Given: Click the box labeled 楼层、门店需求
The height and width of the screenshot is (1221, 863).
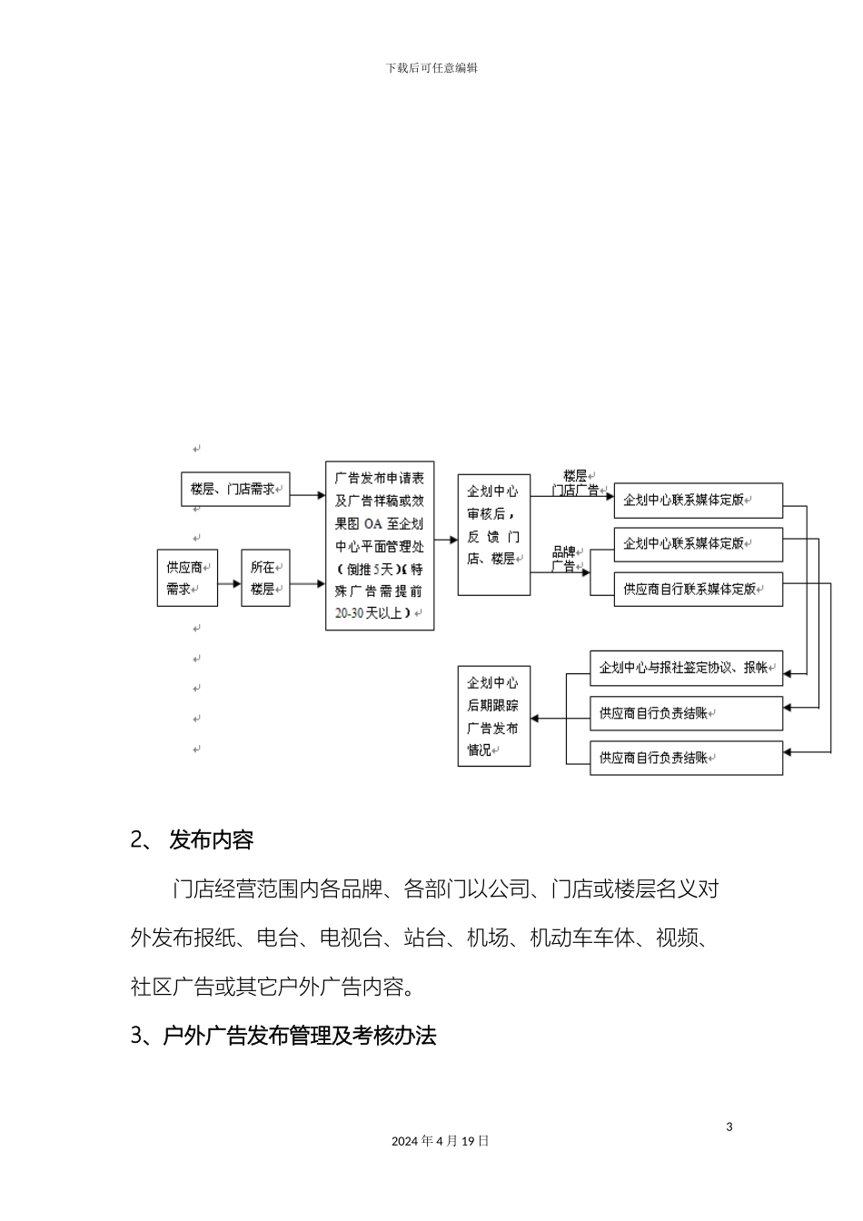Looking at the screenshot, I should [x=235, y=489].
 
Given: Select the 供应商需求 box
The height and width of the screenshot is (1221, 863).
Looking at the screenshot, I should [x=187, y=578].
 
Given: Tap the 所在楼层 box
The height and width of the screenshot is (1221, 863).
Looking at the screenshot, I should [x=265, y=578].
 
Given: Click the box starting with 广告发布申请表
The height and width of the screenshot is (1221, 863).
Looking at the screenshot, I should [x=380, y=545].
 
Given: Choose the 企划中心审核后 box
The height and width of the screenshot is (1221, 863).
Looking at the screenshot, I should [x=493, y=535].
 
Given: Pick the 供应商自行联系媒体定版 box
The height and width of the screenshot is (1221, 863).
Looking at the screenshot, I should [x=698, y=589].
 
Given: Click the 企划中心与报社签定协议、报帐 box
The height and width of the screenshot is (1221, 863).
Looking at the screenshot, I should [x=686, y=668].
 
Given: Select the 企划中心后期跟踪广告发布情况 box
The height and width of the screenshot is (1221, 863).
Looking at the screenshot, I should [x=493, y=716].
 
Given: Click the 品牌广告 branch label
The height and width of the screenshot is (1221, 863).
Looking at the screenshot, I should [x=564, y=559].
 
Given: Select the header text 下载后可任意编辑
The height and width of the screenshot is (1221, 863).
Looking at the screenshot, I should [x=431, y=68].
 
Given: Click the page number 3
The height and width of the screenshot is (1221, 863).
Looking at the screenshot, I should [x=729, y=1127].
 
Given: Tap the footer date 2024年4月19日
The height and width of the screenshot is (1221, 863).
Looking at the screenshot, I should [x=441, y=1141].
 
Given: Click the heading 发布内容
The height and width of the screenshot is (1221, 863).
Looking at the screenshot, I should [x=211, y=840].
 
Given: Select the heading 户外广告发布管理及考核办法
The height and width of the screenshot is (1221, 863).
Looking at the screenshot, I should [x=299, y=1036].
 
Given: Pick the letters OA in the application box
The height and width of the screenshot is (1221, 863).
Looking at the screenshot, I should [x=373, y=523].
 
